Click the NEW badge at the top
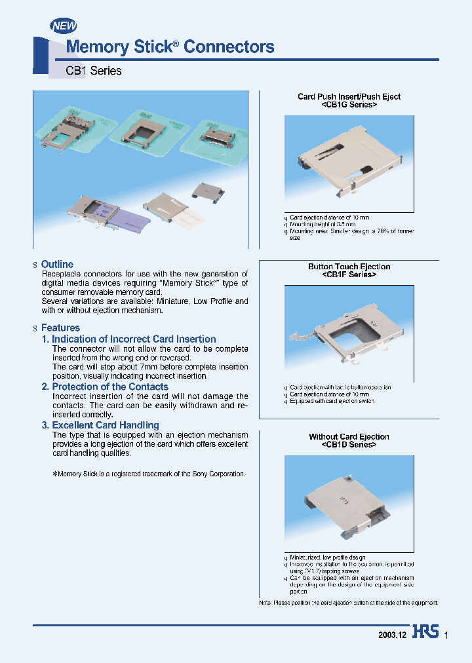64,26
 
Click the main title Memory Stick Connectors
170,47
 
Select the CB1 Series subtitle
93,71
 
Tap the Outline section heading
57,264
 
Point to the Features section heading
60,328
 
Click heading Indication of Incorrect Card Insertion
128,339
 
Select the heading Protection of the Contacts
105,387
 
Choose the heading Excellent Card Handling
100,425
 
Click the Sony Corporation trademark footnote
149,474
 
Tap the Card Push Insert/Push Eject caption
349,96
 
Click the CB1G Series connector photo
349,163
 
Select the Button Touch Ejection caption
349,267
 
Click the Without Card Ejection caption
349,436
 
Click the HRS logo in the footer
425,635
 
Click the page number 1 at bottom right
446,635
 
